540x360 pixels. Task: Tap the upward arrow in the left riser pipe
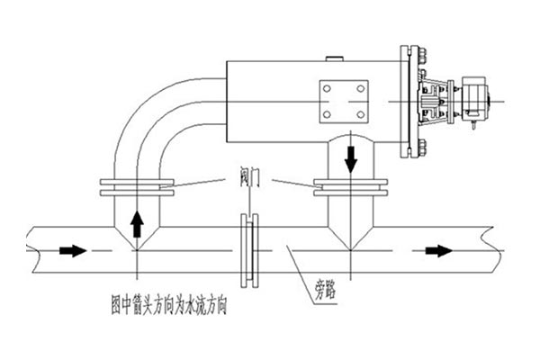[136, 221]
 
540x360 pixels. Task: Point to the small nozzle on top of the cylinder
[336, 60]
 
